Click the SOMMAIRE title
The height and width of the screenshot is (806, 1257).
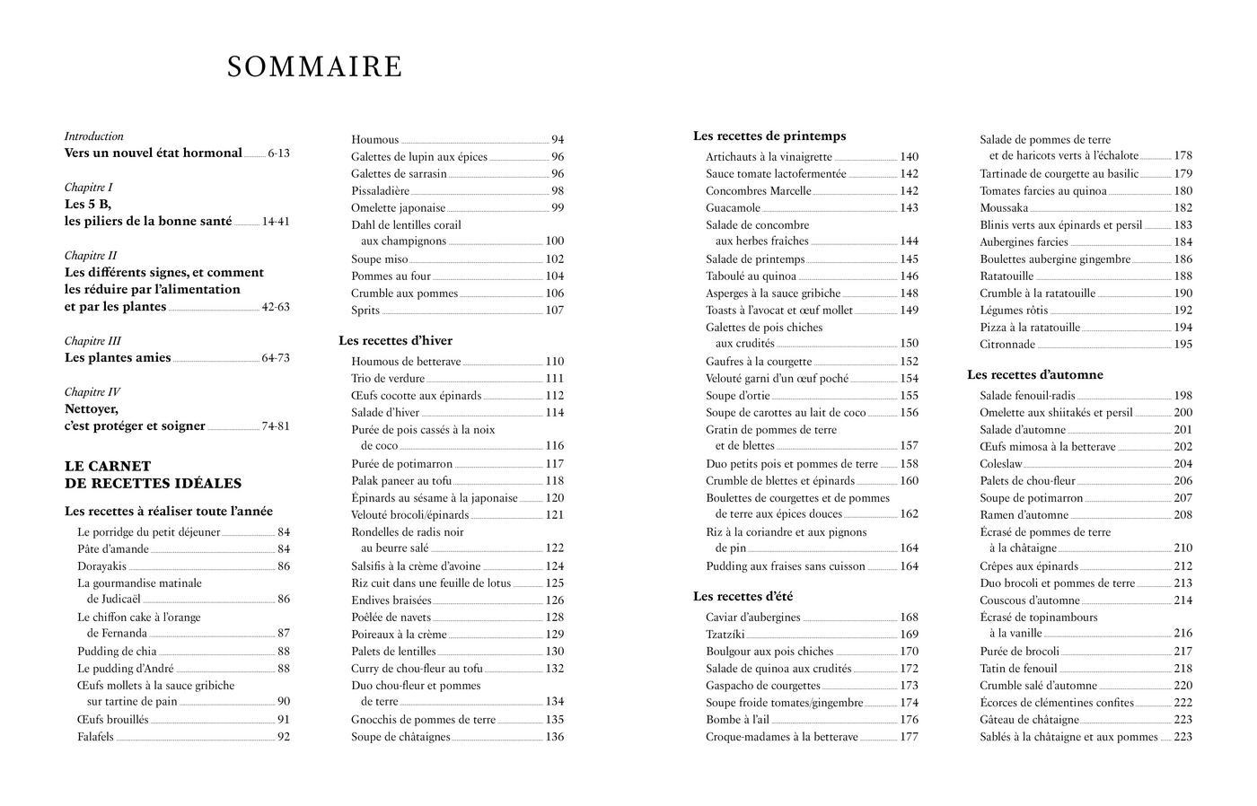click(314, 67)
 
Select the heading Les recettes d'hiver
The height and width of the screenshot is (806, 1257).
click(395, 341)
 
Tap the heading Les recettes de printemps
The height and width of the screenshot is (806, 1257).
click(769, 136)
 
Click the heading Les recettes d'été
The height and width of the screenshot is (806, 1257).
click(743, 597)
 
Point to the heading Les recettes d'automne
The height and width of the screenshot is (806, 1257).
click(1034, 375)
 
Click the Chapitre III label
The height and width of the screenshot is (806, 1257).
click(92, 341)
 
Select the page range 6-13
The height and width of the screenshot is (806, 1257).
click(278, 153)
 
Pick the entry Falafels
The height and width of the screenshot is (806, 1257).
click(96, 738)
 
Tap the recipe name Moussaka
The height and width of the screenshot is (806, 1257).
click(1004, 208)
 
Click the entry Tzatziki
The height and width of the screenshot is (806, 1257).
click(725, 635)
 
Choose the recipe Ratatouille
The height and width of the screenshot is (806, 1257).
click(1006, 276)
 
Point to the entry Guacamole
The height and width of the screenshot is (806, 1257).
click(733, 208)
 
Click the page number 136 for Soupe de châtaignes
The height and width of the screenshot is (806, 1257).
click(555, 738)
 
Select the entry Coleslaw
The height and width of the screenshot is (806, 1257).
click(1001, 464)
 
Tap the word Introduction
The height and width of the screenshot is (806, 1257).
click(94, 136)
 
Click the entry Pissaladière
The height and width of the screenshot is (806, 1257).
click(381, 191)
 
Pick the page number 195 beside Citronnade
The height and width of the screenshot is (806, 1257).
click(1182, 345)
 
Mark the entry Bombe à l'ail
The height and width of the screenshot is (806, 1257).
click(739, 720)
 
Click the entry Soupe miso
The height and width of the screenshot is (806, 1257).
click(380, 259)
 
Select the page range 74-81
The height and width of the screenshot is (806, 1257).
click(276, 426)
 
